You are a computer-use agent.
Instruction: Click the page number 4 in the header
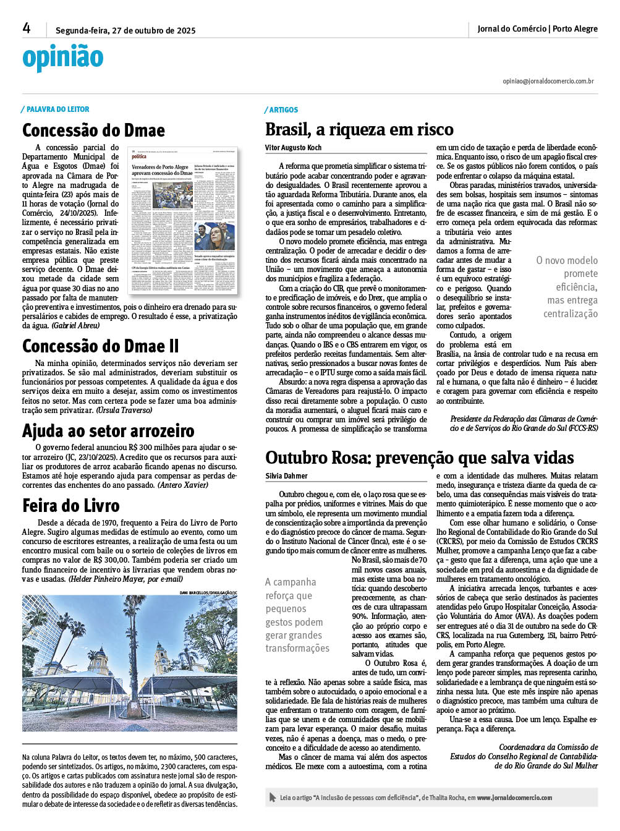pyautogui.click(x=27, y=28)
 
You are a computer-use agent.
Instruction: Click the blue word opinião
pyautogui.click(x=62, y=58)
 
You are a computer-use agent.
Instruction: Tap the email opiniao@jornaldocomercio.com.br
pyautogui.click(x=548, y=81)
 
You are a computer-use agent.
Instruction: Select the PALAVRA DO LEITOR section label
pyautogui.click(x=57, y=109)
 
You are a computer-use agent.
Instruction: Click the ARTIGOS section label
pyautogui.click(x=284, y=110)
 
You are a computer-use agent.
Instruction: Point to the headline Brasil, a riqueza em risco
pyautogui.click(x=359, y=130)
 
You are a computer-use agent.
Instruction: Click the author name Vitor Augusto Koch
pyautogui.click(x=293, y=148)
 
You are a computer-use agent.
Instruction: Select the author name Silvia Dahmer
pyautogui.click(x=286, y=476)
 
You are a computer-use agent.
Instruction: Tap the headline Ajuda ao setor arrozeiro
pyautogui.click(x=108, y=431)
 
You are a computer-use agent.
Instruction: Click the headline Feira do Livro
pyautogui.click(x=71, y=506)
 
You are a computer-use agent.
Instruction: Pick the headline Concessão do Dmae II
pyautogui.click(x=100, y=346)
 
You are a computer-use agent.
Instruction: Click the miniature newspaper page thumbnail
pyautogui.click(x=182, y=221)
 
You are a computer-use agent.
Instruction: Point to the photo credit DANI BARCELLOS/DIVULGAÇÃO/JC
pyautogui.click(x=208, y=593)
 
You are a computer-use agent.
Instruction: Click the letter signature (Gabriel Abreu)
pyautogui.click(x=75, y=326)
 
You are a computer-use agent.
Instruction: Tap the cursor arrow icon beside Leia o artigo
pyautogui.click(x=273, y=798)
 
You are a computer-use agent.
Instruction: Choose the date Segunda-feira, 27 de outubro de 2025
pyautogui.click(x=125, y=30)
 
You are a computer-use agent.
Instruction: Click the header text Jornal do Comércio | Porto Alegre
pyautogui.click(x=537, y=28)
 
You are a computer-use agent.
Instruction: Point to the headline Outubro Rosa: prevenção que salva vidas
pyautogui.click(x=420, y=458)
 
